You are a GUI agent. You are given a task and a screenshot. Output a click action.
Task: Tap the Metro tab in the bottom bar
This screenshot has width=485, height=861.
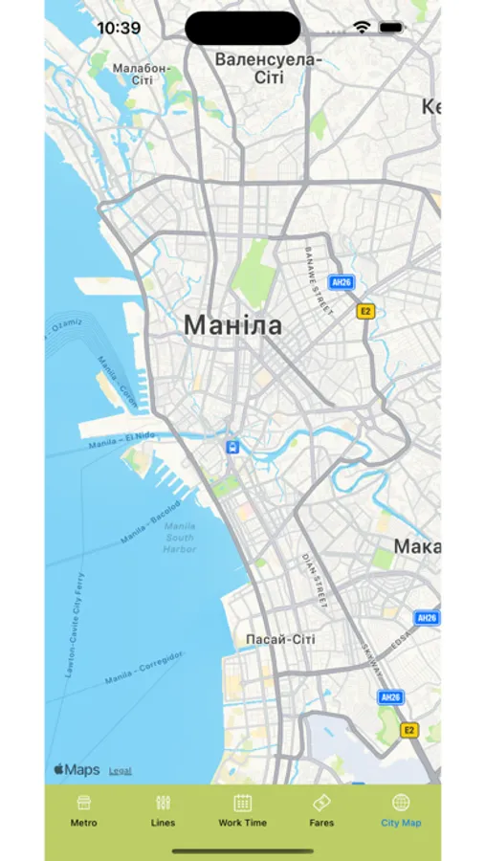83,809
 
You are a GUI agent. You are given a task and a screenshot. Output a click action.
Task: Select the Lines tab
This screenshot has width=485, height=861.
163,809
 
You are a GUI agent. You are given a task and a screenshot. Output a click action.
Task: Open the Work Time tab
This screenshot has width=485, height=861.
242,809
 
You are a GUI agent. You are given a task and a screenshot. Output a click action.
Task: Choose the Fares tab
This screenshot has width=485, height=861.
321,809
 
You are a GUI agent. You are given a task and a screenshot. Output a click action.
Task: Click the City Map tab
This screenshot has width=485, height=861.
401,809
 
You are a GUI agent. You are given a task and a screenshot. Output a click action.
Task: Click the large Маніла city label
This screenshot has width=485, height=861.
232,325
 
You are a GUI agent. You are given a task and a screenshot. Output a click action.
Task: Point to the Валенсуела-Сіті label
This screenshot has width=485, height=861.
268,69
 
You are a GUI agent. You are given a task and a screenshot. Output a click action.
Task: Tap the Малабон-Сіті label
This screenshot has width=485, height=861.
141,74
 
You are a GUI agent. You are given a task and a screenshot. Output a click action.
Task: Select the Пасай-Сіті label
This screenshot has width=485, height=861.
280,638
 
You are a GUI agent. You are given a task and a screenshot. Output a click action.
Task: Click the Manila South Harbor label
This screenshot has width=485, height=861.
179,538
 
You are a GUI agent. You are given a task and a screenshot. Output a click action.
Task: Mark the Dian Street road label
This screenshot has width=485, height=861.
315,581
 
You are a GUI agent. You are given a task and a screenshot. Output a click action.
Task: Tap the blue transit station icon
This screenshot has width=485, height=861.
232,447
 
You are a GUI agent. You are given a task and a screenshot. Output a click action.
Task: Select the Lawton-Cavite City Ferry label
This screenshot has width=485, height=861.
75,624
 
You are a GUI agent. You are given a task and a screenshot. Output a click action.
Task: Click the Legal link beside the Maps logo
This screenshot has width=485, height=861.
121,770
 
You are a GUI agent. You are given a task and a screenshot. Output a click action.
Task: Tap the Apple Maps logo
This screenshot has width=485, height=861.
77,769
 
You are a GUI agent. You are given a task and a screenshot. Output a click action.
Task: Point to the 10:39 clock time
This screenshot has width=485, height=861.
119,28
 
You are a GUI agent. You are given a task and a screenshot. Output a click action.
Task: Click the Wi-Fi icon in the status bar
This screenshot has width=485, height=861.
362,28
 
